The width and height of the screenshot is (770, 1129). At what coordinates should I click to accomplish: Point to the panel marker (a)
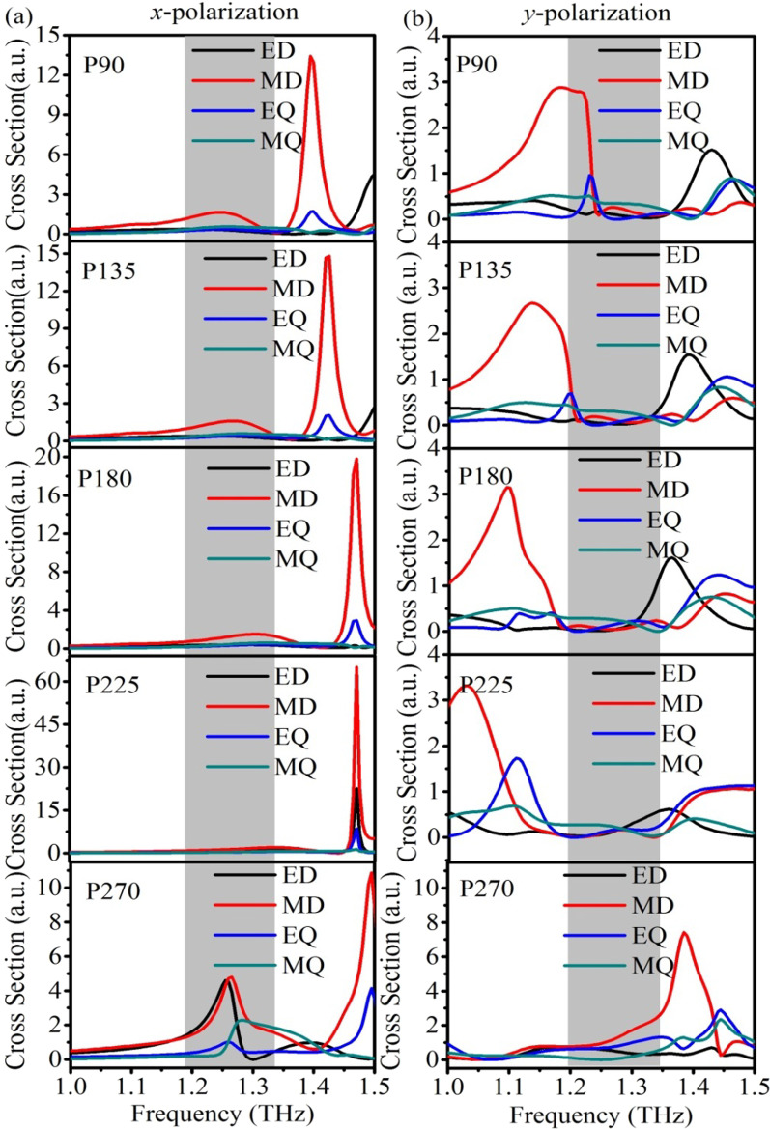pyautogui.click(x=16, y=14)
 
